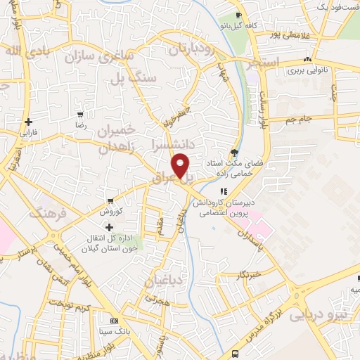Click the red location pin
pyautogui.click(x=181, y=165)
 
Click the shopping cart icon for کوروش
pyautogui.click(x=109, y=200)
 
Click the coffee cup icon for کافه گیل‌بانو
pyautogui.click(x=239, y=15)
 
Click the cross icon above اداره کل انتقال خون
pyautogui.click(x=108, y=227)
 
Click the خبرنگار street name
pyautogui.click(x=249, y=274)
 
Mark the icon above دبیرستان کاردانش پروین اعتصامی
pyautogui.click(x=224, y=191)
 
